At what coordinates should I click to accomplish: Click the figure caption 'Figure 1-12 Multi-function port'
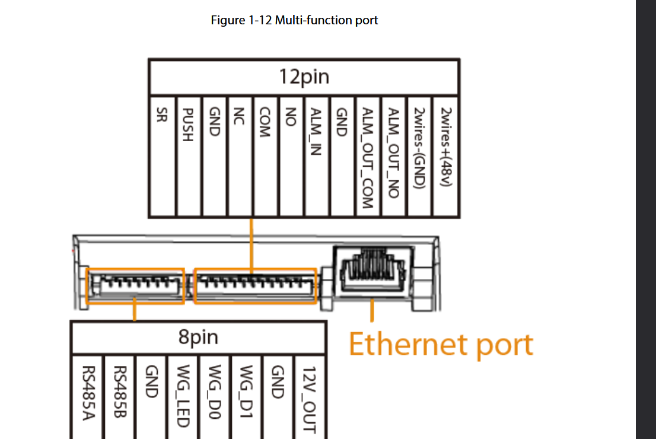pos(294,20)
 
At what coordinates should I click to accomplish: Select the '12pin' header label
pos(304,77)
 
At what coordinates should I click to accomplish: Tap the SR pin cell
pos(162,157)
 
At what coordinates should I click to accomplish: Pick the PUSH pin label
pos(188,125)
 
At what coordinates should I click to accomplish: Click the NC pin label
pos(239,116)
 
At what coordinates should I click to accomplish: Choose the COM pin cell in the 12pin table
pos(265,157)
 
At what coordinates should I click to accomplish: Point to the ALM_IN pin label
pos(316,132)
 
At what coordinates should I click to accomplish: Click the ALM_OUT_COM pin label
pos(367,158)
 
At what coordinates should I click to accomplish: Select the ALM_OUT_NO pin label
pos(393,152)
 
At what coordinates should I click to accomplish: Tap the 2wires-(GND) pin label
pos(419,148)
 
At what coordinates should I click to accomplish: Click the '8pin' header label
pos(198,337)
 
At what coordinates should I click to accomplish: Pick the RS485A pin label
pos(89,393)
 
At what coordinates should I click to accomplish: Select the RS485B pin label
pos(120,392)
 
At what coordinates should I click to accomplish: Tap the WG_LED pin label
pos(183,396)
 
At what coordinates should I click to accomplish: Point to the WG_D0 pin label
pos(215,392)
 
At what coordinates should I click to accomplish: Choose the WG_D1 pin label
pos(246,392)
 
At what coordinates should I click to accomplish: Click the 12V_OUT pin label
pos(309,400)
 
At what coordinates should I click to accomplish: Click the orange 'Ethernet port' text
pos(441,345)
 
